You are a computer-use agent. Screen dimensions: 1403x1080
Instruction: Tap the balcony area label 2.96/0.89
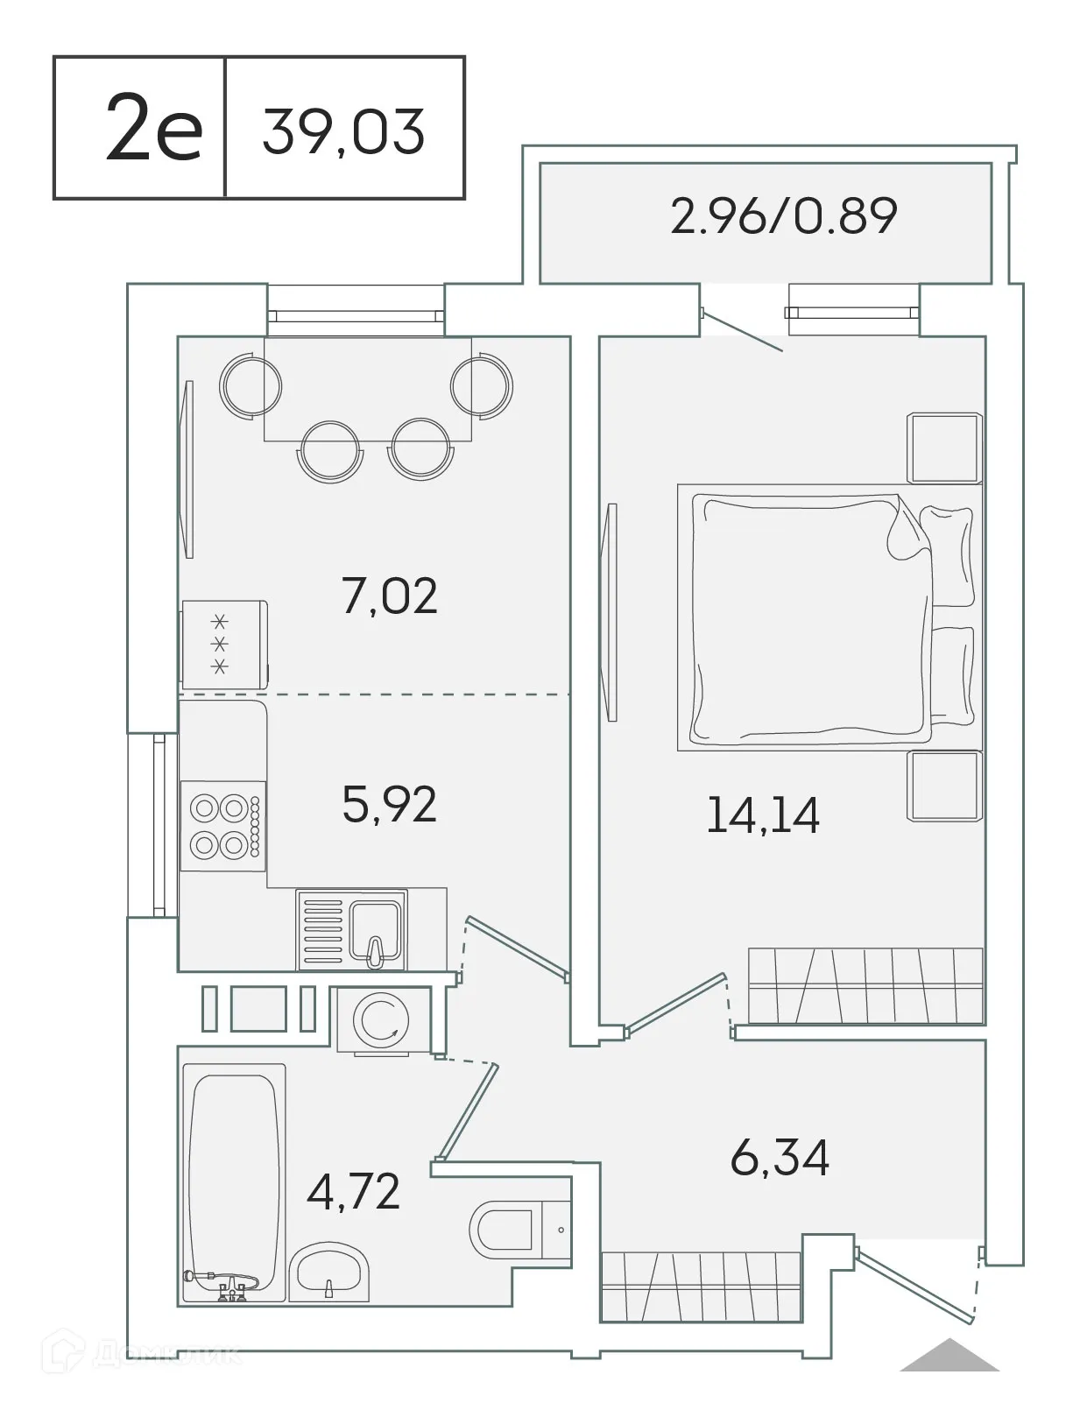pos(783,216)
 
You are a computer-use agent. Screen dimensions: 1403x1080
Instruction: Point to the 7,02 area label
pos(390,596)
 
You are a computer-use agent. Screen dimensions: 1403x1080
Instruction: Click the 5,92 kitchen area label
pos(389,804)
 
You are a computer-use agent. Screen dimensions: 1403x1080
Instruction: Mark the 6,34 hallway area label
pos(779,1158)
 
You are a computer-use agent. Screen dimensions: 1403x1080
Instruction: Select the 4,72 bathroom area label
pos(353,1191)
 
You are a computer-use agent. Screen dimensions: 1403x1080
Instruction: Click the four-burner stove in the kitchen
pos(222,825)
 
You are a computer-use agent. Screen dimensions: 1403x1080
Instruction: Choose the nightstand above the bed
pos(942,448)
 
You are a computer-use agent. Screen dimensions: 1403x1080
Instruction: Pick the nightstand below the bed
pos(942,785)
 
